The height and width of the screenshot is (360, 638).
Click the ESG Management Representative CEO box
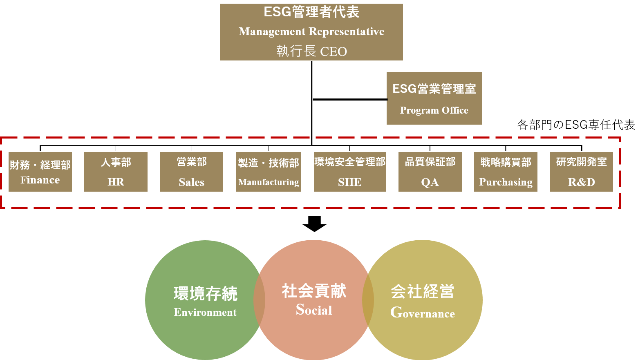[311, 32]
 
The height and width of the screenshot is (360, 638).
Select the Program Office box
[434, 98]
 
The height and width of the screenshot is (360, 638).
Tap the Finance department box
[40, 172]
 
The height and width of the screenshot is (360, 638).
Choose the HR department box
[116, 172]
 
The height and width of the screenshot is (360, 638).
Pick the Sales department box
[191, 172]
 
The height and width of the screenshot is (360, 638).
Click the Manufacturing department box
[268, 172]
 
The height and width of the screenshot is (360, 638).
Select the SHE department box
[350, 172]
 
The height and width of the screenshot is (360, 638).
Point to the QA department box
[430, 172]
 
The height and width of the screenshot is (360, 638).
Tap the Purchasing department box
[506, 172]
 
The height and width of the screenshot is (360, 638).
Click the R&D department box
[581, 172]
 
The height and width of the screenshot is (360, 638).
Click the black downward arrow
[314, 224]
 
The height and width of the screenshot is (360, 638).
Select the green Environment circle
[205, 300]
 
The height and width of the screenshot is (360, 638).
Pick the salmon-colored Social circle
[313, 300]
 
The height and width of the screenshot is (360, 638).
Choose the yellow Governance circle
[422, 300]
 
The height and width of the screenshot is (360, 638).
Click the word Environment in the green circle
[205, 312]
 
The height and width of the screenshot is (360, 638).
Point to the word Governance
[422, 313]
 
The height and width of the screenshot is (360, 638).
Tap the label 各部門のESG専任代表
[576, 125]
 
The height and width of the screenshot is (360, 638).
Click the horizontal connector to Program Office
[350, 99]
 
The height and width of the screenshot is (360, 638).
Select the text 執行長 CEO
[311, 51]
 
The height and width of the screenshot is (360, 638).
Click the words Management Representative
[311, 31]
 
